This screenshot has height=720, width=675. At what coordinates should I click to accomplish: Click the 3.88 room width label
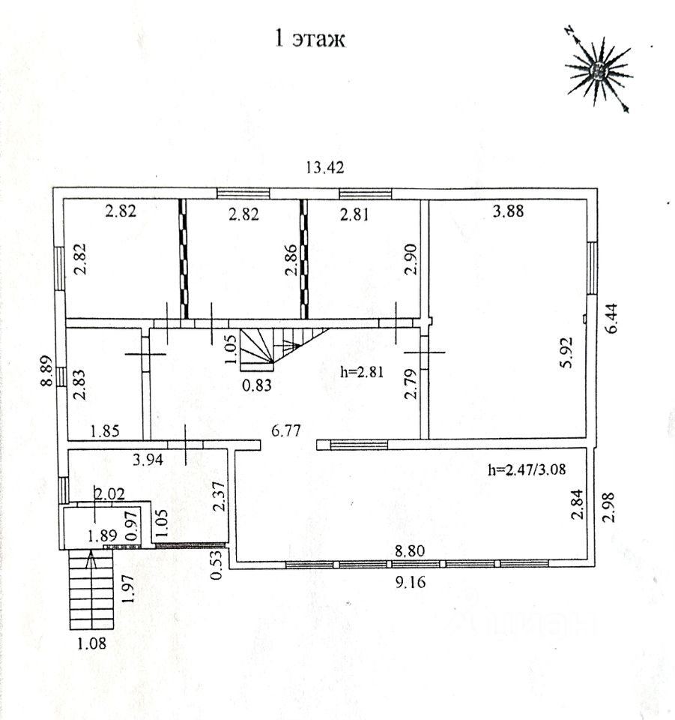coord(509,211)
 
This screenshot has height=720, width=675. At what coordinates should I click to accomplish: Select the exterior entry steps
coord(90,589)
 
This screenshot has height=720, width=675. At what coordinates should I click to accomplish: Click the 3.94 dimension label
coord(148,459)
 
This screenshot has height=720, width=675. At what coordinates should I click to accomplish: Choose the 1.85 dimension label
coord(106,431)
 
